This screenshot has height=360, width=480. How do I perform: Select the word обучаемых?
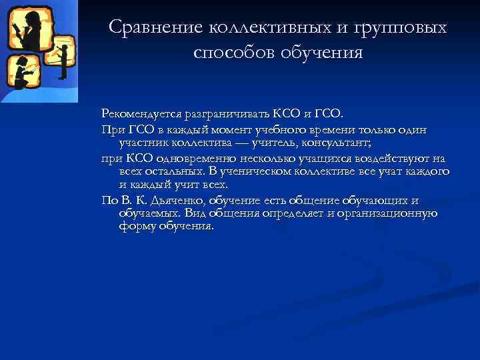pos(148,213)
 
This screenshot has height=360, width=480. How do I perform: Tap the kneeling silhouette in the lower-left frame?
pos(21,71)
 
